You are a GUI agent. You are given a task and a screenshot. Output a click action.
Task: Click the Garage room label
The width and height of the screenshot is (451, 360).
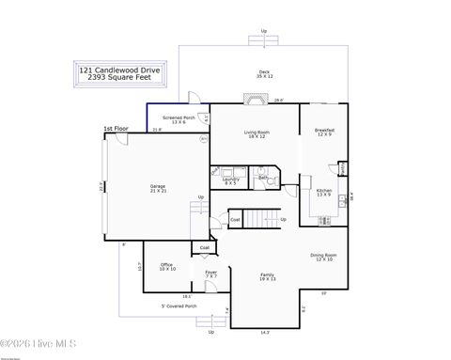click(158, 188)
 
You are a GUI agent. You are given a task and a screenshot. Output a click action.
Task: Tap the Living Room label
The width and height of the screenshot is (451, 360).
click(257, 134)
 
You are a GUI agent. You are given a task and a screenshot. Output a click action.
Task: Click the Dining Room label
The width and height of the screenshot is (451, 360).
click(324, 256)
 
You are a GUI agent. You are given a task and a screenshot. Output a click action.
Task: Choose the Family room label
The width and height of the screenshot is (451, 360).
click(268, 276)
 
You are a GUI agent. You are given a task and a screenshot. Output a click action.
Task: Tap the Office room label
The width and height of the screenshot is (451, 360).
click(166, 267)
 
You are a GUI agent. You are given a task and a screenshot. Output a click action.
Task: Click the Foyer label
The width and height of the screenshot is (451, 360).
click(211, 274)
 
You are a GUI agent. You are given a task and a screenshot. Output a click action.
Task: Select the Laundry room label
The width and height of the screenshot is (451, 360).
click(230, 180)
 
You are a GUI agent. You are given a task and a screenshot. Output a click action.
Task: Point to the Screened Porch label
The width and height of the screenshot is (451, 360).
click(179, 119)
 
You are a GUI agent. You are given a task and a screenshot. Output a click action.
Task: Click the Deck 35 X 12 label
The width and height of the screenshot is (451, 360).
click(266, 74)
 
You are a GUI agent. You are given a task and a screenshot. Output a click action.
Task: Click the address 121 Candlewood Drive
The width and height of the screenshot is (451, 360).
click(120, 69)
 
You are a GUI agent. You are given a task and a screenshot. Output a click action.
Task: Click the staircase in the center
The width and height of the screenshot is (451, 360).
click(257, 218)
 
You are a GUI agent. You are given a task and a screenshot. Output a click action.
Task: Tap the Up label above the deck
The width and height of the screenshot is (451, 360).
click(263, 31)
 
